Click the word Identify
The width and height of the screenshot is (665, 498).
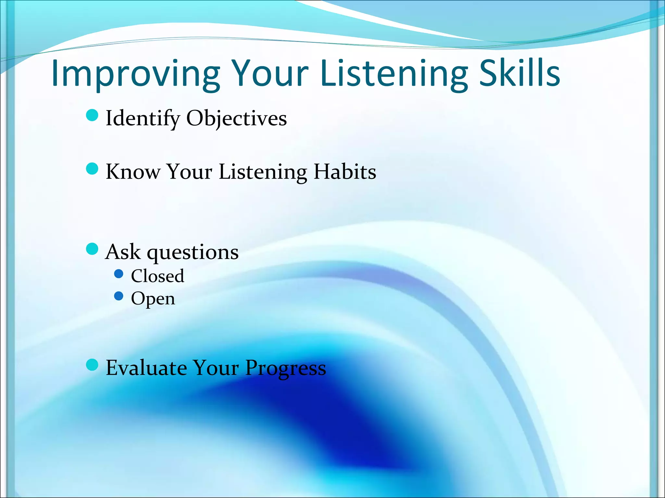pos(143,118)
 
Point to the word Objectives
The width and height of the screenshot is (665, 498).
pos(236,118)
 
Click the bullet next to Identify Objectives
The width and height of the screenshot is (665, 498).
pos(92,115)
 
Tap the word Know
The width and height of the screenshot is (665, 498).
pos(133,172)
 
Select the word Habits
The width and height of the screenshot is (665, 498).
pos(345,172)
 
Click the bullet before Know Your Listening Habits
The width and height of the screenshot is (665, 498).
pos(92,169)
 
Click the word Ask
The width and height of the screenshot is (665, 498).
pos(123,252)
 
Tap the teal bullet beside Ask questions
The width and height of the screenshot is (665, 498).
pos(92,249)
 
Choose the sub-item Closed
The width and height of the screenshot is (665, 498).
pos(157,276)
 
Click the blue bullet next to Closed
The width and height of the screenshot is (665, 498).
pos(119,274)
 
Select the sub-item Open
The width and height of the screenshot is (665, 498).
pos(153,299)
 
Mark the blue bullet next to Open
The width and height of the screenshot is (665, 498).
pos(119,296)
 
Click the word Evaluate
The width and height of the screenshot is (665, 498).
pos(146,368)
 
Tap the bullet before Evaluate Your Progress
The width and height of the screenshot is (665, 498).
pos(92,365)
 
